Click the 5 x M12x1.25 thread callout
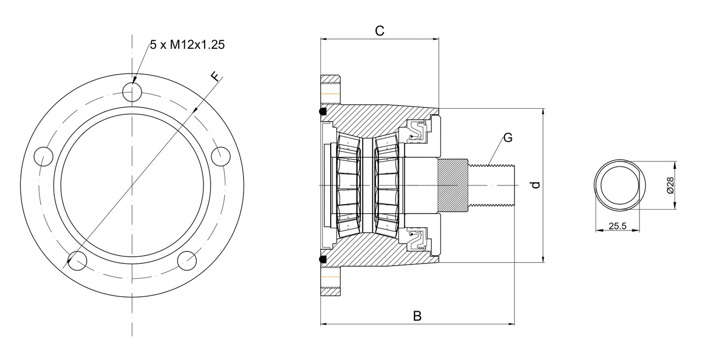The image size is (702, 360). pyautogui.click(x=187, y=46)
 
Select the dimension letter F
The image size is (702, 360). pyautogui.click(x=216, y=76)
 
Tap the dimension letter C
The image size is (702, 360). pyautogui.click(x=379, y=31)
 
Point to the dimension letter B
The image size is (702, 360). pyautogui.click(x=417, y=316)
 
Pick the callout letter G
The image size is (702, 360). pyautogui.click(x=508, y=138)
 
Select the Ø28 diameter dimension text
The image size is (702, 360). pyautogui.click(x=670, y=185)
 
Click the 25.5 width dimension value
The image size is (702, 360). pyautogui.click(x=616, y=225)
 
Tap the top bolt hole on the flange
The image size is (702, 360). pyautogui.click(x=132, y=91)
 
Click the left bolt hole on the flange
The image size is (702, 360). pyautogui.click(x=43, y=156)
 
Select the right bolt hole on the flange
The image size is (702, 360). pyautogui.click(x=221, y=156)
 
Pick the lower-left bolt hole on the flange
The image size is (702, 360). pyautogui.click(x=77, y=261)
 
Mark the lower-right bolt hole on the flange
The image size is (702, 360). pyautogui.click(x=187, y=261)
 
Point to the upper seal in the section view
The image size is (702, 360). pyautogui.click(x=417, y=132)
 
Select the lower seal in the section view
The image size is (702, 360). pyautogui.click(x=417, y=238)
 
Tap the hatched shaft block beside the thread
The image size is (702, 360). pyautogui.click(x=452, y=185)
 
